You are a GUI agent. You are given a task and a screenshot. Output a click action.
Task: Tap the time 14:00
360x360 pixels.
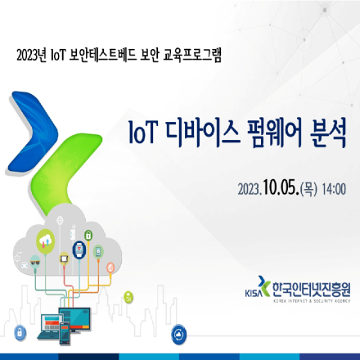click(x=334, y=190)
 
